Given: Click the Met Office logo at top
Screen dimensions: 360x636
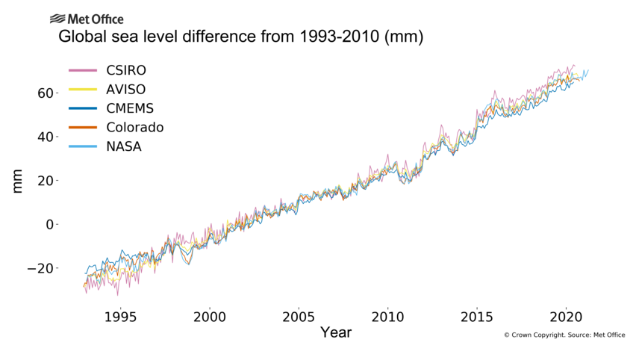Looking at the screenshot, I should (87, 19).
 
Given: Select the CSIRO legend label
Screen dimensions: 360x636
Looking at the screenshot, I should (126, 71).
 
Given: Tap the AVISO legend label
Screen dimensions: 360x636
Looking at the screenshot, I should (125, 90).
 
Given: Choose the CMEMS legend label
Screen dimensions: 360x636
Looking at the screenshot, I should (131, 108).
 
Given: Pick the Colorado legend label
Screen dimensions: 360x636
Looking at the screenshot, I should (135, 128).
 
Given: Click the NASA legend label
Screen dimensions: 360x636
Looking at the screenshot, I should (124, 146).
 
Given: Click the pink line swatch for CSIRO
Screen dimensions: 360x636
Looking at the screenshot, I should (84, 71).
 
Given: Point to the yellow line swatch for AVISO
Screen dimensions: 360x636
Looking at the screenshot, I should (84, 90).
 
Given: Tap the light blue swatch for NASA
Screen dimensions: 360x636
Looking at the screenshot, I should (84, 146).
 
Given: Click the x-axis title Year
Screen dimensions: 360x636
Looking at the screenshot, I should (335, 332).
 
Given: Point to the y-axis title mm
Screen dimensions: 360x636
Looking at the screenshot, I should (17, 181).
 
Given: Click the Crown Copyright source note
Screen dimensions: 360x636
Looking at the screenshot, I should (564, 335).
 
